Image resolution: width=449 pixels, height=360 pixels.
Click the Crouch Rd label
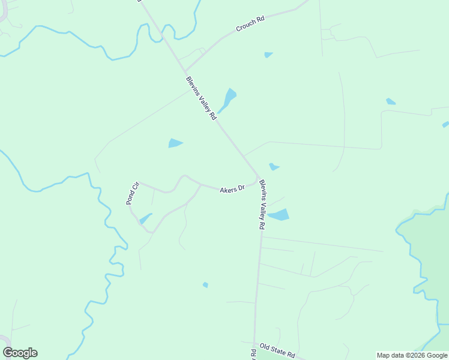(250, 25)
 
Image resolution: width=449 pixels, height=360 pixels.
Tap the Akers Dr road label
(232, 189)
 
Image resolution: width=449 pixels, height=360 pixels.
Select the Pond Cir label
(133, 193)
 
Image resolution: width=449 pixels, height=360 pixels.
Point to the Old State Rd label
(278, 350)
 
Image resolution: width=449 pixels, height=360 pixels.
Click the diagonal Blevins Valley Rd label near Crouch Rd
(200, 98)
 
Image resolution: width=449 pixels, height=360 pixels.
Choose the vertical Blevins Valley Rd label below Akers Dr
(262, 205)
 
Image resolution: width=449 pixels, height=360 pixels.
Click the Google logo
(20, 353)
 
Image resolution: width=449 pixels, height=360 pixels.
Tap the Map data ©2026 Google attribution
(412, 355)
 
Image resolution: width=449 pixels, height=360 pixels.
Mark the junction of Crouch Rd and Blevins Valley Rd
(184, 71)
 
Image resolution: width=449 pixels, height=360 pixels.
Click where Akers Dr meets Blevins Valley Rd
(259, 178)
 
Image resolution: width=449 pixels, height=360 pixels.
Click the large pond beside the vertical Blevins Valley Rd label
(279, 215)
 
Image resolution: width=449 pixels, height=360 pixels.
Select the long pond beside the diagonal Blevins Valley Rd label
(228, 99)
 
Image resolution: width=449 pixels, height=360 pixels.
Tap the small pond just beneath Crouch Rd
(268, 55)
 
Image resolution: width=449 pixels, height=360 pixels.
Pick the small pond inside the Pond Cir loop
(145, 219)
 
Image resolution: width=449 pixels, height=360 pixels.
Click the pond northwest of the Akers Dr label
(175, 143)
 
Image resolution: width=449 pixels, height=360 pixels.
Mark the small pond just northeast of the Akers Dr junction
(274, 166)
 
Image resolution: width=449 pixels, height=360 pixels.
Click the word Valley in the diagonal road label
(202, 100)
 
